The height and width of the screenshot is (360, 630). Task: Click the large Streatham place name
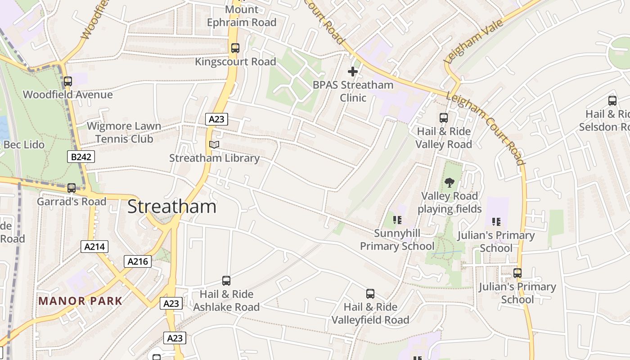[x=171, y=207]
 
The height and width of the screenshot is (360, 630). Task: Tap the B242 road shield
[x=81, y=157]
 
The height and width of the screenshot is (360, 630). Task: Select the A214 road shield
[x=94, y=247]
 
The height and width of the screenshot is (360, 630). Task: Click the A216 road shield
[x=138, y=261]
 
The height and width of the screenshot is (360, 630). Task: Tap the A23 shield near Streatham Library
[x=217, y=119]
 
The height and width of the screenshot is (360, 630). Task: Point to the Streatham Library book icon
[x=214, y=145]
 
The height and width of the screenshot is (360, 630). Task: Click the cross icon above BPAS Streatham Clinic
[x=353, y=72]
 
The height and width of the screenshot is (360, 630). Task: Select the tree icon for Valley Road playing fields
[x=449, y=182]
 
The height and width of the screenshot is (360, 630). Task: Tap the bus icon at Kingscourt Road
[x=235, y=48]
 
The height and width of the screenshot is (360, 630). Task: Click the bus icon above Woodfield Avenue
[x=68, y=81]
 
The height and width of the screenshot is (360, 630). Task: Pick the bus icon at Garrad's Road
[x=72, y=188]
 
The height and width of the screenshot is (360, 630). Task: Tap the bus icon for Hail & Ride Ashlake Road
[x=226, y=281]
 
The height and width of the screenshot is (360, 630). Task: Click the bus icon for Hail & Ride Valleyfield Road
[x=370, y=294]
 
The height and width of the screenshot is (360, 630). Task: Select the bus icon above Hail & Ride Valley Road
[x=444, y=118]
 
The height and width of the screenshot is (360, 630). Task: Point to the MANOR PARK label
[x=80, y=301]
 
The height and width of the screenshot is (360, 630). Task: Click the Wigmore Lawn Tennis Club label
[x=124, y=132]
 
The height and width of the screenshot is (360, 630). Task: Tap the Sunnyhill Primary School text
[x=397, y=239]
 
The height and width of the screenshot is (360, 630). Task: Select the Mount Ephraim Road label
[x=242, y=16]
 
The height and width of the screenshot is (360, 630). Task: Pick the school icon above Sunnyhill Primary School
[x=397, y=220]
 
